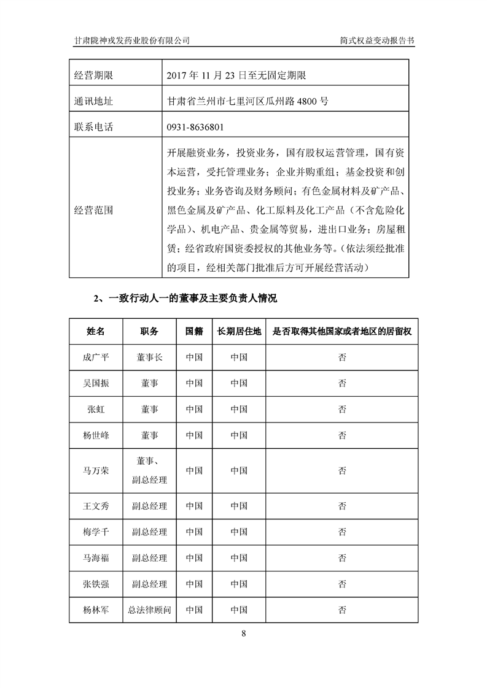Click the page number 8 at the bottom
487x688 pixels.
244,633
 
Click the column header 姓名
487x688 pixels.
96,331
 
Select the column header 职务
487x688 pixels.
149,331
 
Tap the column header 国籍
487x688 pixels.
194,331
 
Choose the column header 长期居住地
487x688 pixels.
239,331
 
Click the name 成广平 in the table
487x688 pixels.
96,357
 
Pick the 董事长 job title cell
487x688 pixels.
149,357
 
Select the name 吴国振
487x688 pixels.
96,383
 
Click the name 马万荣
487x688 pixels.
96,471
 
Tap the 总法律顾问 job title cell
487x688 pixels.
149,610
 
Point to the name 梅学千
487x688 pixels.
96,532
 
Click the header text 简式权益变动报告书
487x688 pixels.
377,40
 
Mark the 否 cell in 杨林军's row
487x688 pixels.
341,610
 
